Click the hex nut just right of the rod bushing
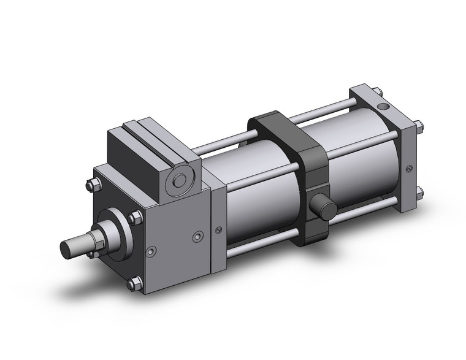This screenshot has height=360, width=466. click(x=133, y=216)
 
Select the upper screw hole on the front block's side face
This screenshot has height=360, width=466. click(x=197, y=236)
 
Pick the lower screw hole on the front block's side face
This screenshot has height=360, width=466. click(x=150, y=251)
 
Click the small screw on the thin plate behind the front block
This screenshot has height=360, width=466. click(x=220, y=231)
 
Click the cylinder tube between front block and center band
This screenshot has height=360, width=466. click(x=258, y=190)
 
